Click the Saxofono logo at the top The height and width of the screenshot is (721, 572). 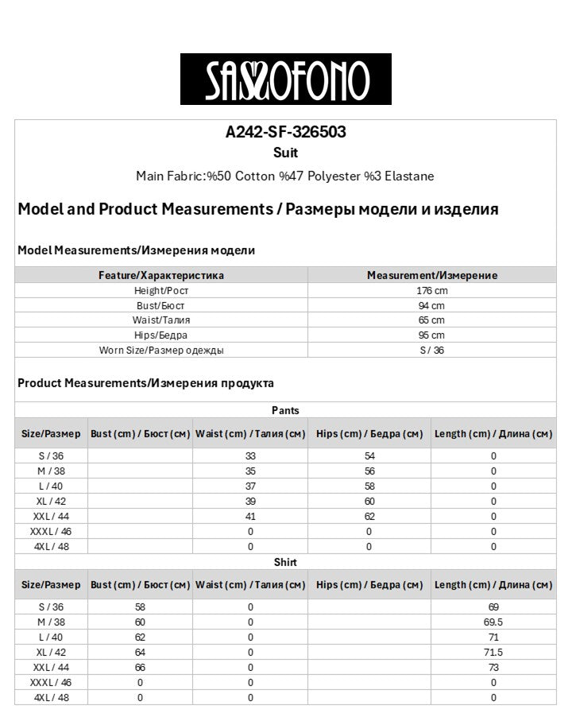click(x=285, y=79)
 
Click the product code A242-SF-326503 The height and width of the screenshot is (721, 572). click(x=285, y=133)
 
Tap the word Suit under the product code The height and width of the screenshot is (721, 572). click(x=285, y=153)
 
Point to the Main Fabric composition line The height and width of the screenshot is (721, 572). click(x=285, y=176)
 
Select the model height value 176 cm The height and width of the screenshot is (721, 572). click(x=431, y=291)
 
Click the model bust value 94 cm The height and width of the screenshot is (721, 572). click(x=431, y=305)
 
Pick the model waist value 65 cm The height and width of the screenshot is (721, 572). click(x=431, y=320)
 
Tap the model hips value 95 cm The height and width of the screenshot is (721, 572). click(x=431, y=335)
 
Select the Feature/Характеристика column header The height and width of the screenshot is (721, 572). click(x=161, y=275)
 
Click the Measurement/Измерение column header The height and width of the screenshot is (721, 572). click(x=431, y=275)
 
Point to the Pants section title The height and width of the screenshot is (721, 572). click(x=285, y=410)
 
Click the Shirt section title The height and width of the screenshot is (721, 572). click(x=285, y=562)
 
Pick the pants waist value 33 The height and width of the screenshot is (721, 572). click(x=250, y=456)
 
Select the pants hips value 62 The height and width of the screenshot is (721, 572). click(x=369, y=516)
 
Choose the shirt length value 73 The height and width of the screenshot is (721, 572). click(x=493, y=668)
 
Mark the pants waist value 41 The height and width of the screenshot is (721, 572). click(x=250, y=516)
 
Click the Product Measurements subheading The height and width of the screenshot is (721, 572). click(x=145, y=383)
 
